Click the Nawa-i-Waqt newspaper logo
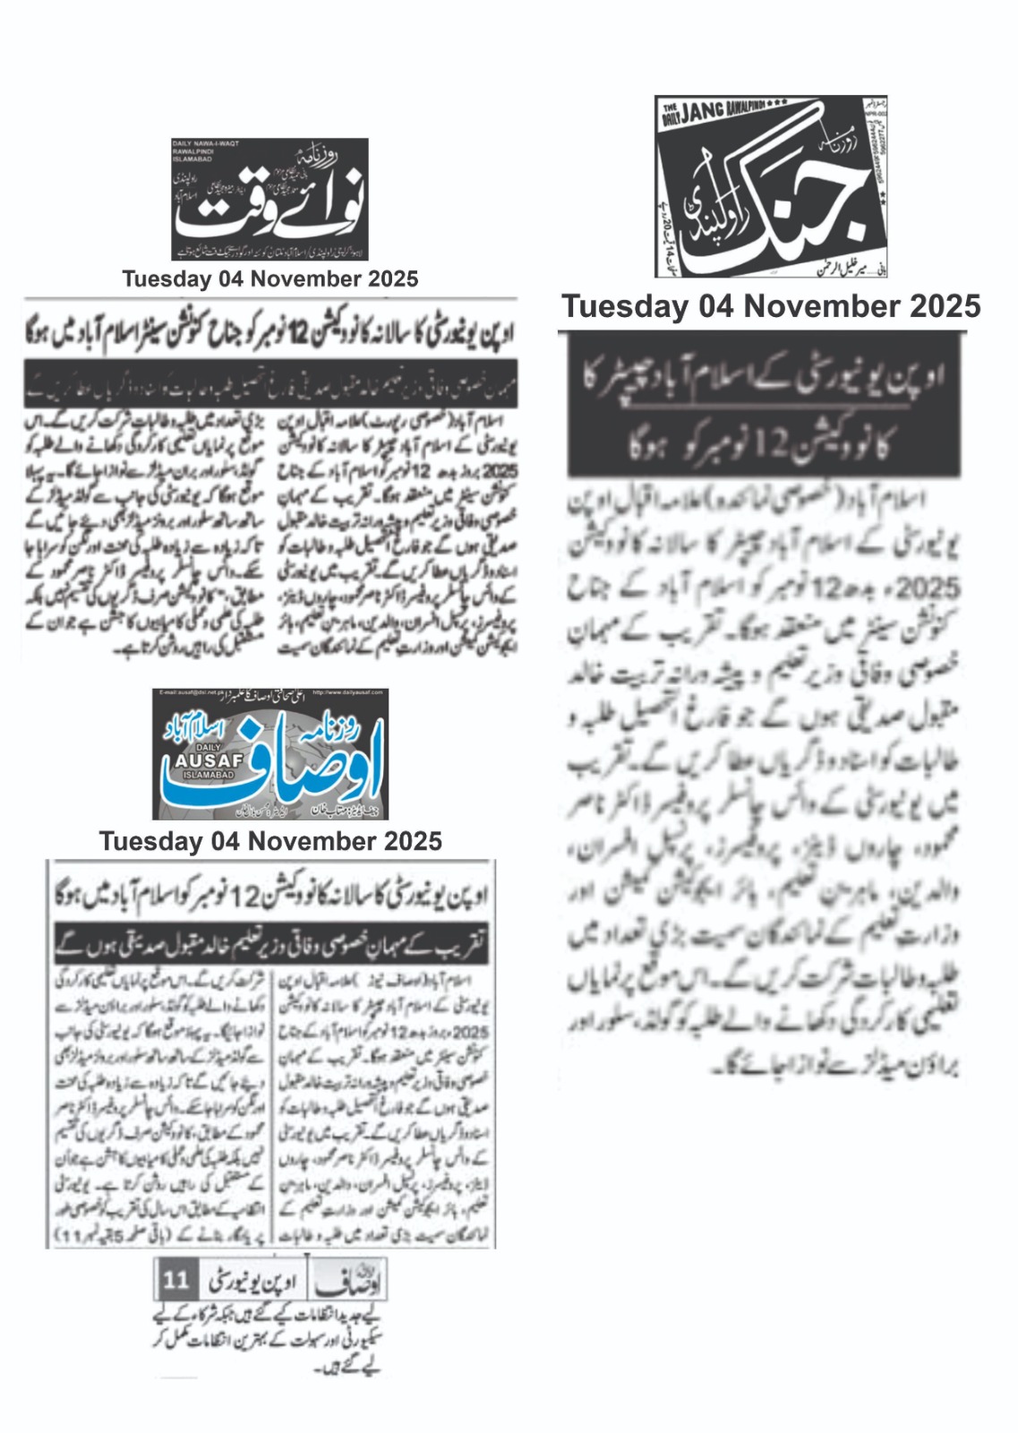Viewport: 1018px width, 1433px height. click(269, 199)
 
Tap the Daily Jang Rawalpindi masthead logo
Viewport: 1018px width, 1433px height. click(771, 186)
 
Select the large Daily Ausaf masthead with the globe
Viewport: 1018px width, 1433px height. click(269, 754)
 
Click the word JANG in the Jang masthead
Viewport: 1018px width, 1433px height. click(704, 113)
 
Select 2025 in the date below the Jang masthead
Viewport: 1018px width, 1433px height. click(945, 306)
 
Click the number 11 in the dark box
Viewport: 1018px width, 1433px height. click(175, 1279)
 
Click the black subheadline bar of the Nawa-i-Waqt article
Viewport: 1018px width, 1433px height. click(270, 385)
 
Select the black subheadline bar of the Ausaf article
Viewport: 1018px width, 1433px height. click(270, 943)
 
